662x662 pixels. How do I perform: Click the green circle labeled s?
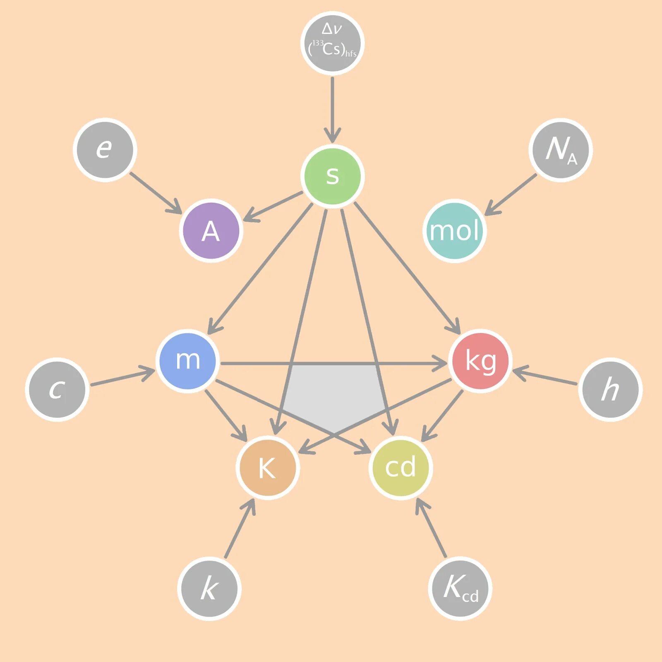pyautogui.click(x=332, y=175)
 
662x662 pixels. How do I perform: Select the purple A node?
pyautogui.click(x=211, y=230)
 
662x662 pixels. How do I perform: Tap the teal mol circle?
pyautogui.click(x=454, y=230)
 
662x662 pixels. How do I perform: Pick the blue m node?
pyautogui.click(x=188, y=360)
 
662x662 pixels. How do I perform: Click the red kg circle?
pyautogui.click(x=480, y=360)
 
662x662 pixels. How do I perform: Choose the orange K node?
pyautogui.click(x=268, y=468)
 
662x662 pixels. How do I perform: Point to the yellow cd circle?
pyautogui.click(x=400, y=468)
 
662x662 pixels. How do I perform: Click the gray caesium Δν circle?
pyautogui.click(x=332, y=43)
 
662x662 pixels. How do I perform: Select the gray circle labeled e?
pyautogui.click(x=105, y=149)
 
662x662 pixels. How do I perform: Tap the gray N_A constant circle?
pyautogui.click(x=560, y=149)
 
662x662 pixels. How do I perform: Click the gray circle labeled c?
pyautogui.click(x=57, y=389)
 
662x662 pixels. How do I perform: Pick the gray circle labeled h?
pyautogui.click(x=610, y=389)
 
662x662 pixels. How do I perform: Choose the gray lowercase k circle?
pyautogui.click(x=209, y=588)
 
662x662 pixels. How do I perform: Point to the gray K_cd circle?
pyautogui.click(x=460, y=588)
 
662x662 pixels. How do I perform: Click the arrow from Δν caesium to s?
pyautogui.click(x=332, y=108)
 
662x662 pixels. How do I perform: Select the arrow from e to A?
pyautogui.click(x=155, y=192)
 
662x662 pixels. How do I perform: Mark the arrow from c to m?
pyautogui.click(x=122, y=377)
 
